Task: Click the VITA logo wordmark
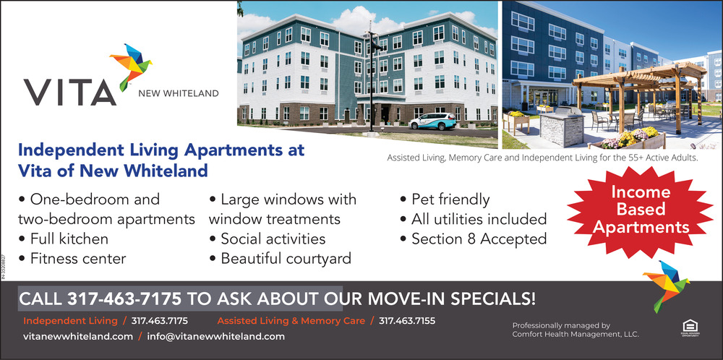pos(69,93)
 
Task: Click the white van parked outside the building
pos(432,121)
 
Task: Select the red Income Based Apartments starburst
pos(641,210)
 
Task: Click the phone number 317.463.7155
pos(406,321)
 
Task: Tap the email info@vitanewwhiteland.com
pos(215,336)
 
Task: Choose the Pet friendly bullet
pos(445,200)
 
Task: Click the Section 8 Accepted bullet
pos(473,239)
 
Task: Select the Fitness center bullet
pos(72,259)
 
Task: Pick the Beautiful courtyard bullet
pos(280,259)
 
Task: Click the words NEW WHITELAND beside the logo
pos(179,94)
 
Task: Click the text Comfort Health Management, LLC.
pos(576,334)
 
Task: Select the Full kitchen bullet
pos(63,239)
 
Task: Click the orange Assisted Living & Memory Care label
pos(291,321)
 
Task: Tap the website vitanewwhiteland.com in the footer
pos(78,336)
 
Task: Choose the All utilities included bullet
pos(473,219)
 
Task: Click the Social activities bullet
pos(267,239)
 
